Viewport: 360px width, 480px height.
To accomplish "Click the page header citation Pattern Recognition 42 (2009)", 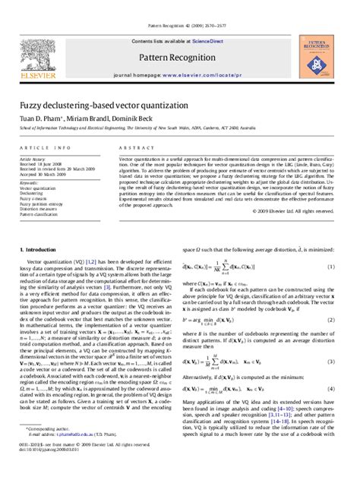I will pyautogui.click(x=179, y=5).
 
